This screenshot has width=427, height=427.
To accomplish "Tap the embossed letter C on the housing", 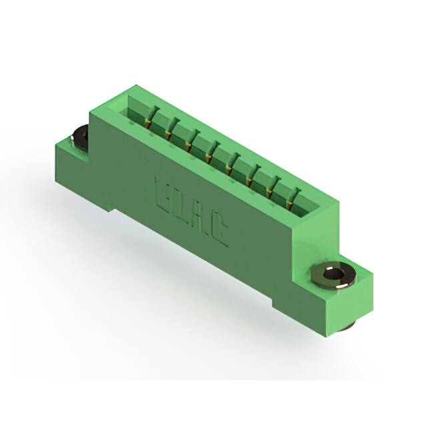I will (221, 236).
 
